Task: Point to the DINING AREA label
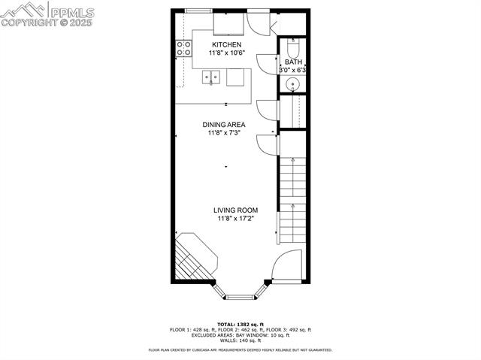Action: [x=224, y=125]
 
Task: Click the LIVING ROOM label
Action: [x=236, y=210]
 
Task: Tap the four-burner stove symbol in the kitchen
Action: [x=183, y=49]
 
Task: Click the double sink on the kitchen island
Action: [x=212, y=77]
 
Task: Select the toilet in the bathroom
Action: [x=294, y=47]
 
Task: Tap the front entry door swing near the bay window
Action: [x=286, y=266]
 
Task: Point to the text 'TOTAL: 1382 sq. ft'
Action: [x=240, y=324]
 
